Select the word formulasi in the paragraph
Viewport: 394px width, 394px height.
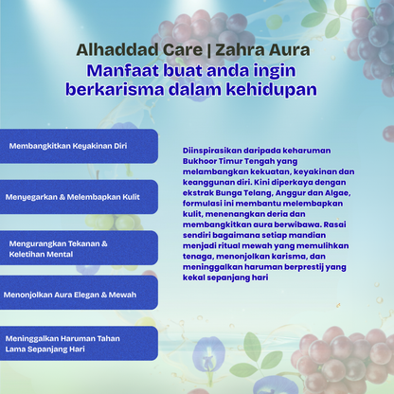tap(205, 204)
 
